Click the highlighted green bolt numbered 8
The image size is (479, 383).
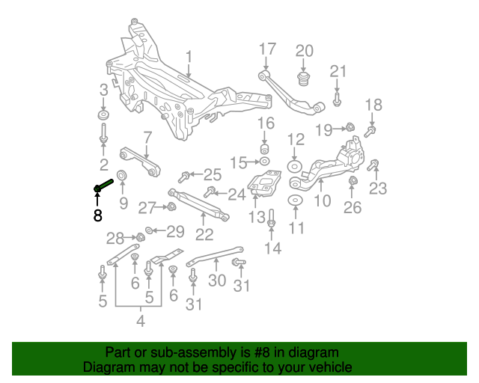[103, 186]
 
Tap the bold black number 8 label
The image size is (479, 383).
[97, 215]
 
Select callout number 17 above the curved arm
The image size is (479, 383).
[268, 49]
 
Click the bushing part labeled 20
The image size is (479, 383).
[302, 79]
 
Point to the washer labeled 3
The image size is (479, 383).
[103, 115]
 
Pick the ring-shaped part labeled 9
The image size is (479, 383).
[122, 175]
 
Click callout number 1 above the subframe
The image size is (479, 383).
[189, 57]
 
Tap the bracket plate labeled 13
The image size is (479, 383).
[264, 183]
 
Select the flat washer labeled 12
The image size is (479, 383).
[295, 167]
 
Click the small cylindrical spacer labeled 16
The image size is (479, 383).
[264, 149]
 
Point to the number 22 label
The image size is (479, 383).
[204, 235]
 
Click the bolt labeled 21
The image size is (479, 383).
[337, 99]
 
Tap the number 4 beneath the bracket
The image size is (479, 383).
[141, 321]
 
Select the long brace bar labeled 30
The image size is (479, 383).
[215, 256]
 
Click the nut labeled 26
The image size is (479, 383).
[353, 181]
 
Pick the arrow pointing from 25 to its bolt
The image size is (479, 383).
[196, 175]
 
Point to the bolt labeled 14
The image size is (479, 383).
[272, 218]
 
